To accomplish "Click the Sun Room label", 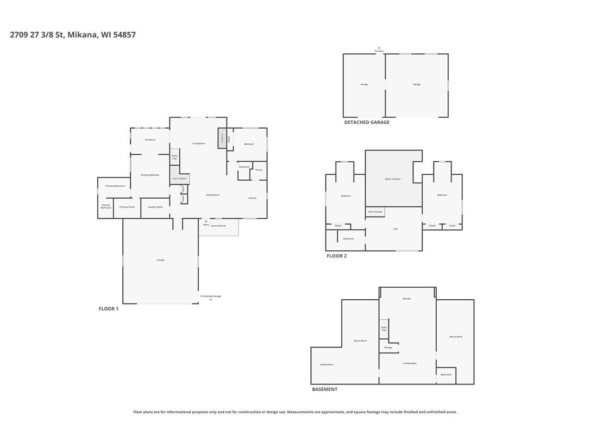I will [x=150, y=140].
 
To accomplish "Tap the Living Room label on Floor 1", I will [x=198, y=143].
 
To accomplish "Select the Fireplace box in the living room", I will [x=222, y=138].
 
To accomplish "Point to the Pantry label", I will [x=259, y=170].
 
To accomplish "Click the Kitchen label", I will [x=252, y=198].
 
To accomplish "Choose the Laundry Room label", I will [x=155, y=207].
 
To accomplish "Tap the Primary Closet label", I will [x=127, y=207].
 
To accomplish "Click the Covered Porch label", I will [x=218, y=225].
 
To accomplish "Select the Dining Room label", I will [x=212, y=195].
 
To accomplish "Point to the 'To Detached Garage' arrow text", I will [x=210, y=296].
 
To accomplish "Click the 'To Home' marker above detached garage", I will [x=379, y=51].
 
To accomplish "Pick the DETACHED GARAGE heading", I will [x=367, y=123].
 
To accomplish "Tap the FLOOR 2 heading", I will [x=336, y=256].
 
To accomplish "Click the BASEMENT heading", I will [x=324, y=389].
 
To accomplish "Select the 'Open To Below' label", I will [x=393, y=179].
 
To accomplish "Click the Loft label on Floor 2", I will [x=395, y=229].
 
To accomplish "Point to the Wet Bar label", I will [x=406, y=299].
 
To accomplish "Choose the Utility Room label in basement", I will [x=326, y=365].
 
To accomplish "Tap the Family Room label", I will [x=410, y=363].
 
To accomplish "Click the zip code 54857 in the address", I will [x=124, y=35].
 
